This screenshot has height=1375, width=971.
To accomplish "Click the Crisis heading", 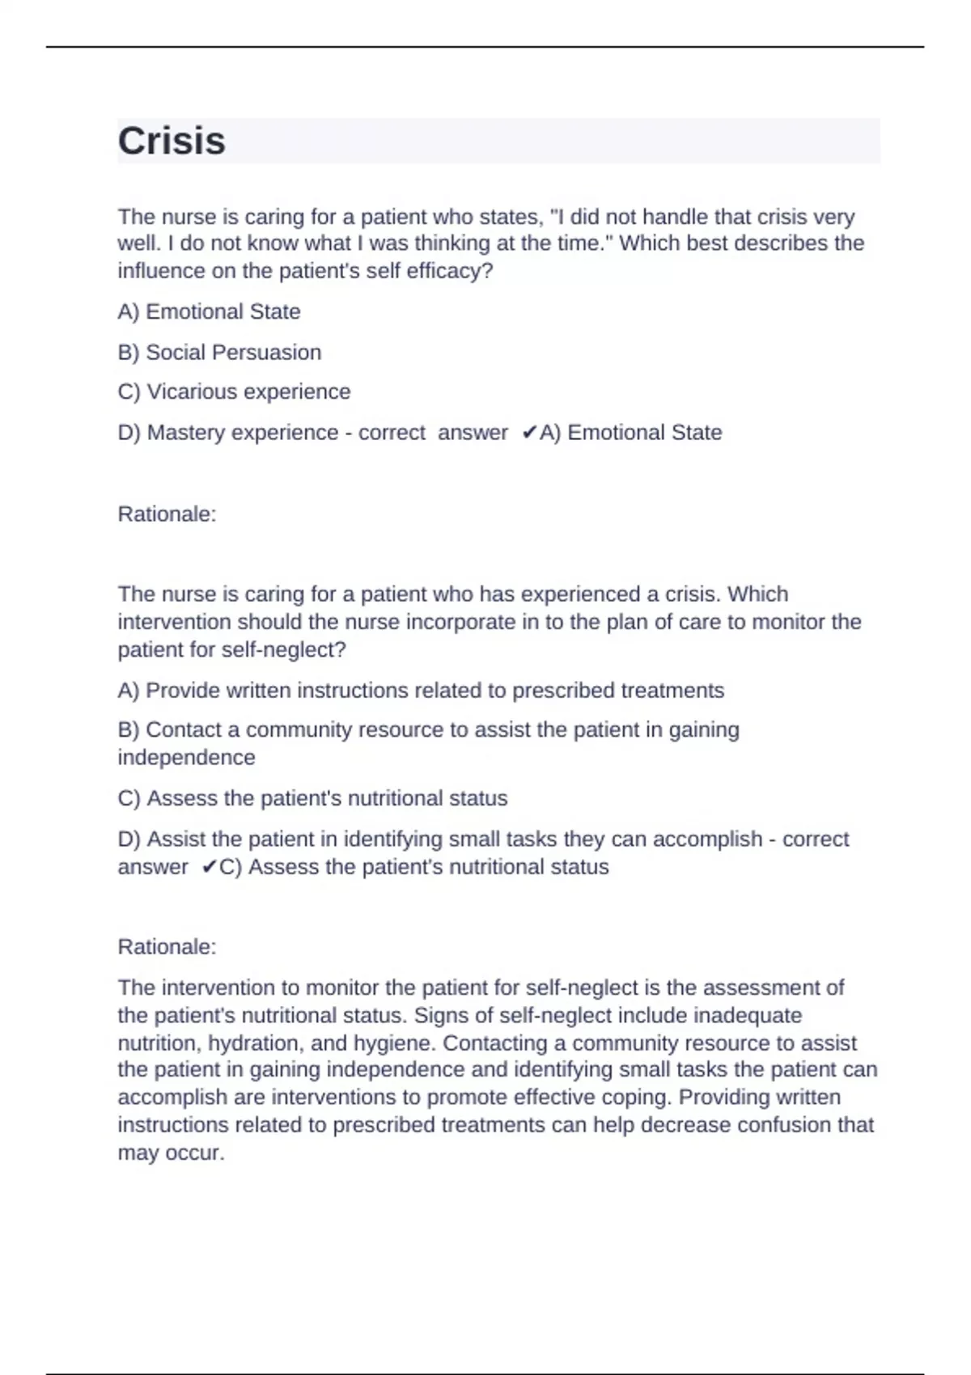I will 172,141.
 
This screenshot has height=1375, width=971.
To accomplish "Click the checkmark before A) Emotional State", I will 528,433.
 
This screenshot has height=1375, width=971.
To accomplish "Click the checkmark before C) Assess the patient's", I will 209,867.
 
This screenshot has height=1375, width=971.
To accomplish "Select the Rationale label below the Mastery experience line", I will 167,514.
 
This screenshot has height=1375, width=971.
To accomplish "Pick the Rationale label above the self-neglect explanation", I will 167,947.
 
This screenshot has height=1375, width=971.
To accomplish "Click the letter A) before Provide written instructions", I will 128,691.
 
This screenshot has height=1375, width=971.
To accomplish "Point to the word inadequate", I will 748,1016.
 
